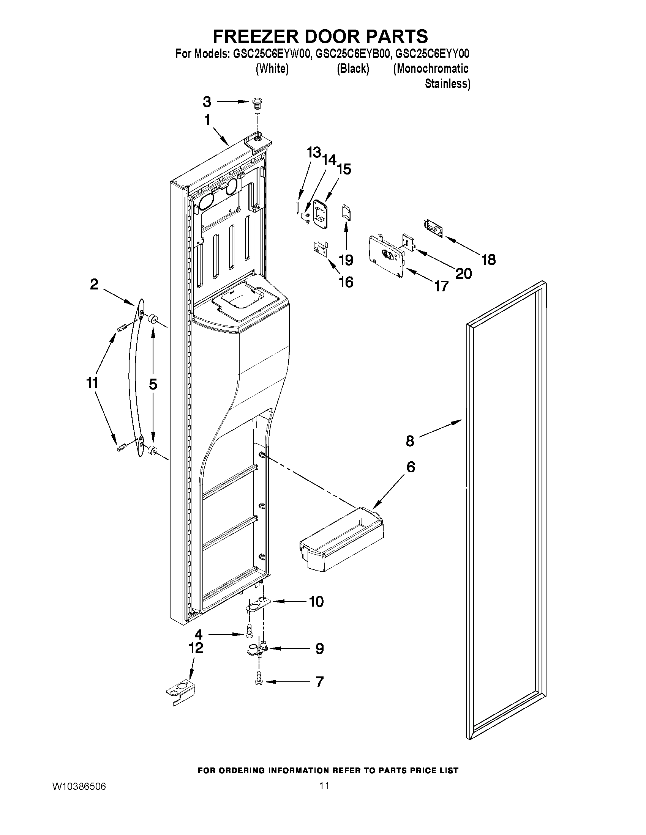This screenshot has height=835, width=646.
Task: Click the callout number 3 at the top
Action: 207,102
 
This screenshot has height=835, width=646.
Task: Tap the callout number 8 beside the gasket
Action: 410,441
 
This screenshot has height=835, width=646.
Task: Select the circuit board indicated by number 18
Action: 433,229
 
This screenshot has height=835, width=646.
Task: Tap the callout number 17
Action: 441,286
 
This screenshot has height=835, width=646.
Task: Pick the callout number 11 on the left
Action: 92,383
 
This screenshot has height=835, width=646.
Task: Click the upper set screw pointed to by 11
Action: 121,329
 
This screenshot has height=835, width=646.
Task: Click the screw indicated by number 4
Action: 249,634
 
